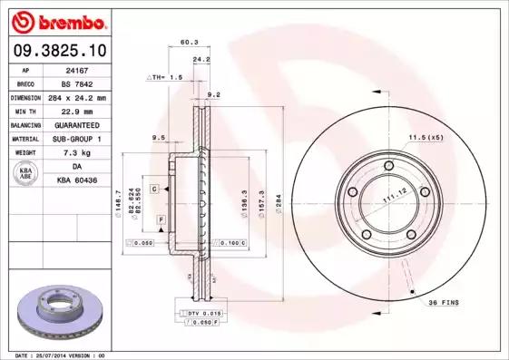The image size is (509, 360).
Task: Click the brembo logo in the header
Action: [x=59, y=21]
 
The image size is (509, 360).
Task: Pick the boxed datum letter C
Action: [x=154, y=188]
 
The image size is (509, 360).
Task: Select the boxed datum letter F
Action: [x=160, y=220]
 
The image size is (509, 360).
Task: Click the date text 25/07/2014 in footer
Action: [x=61, y=355]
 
